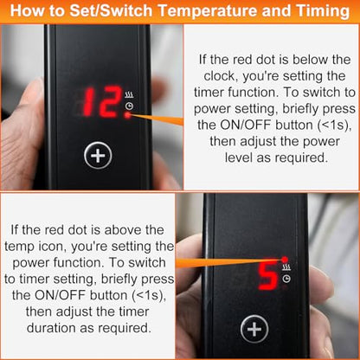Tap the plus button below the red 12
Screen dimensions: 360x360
click(98, 156)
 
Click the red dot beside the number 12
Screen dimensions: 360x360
click(128, 115)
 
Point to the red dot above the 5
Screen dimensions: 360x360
click(285, 259)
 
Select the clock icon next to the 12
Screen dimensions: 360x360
click(129, 106)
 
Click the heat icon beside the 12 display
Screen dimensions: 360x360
click(129, 94)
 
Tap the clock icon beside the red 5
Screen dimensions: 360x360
click(286, 279)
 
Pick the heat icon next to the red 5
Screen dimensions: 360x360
click(286, 267)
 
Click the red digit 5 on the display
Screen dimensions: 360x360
click(268, 276)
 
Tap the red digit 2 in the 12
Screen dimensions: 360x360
click(111, 101)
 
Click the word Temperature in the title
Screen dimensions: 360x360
click(208, 11)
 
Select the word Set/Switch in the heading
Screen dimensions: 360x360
click(111, 11)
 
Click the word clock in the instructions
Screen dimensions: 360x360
click(221, 76)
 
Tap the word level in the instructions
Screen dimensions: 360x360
click(238, 157)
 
